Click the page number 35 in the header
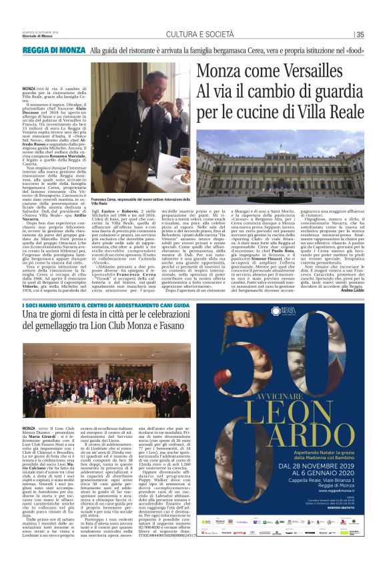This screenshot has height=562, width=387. click(360, 35)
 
